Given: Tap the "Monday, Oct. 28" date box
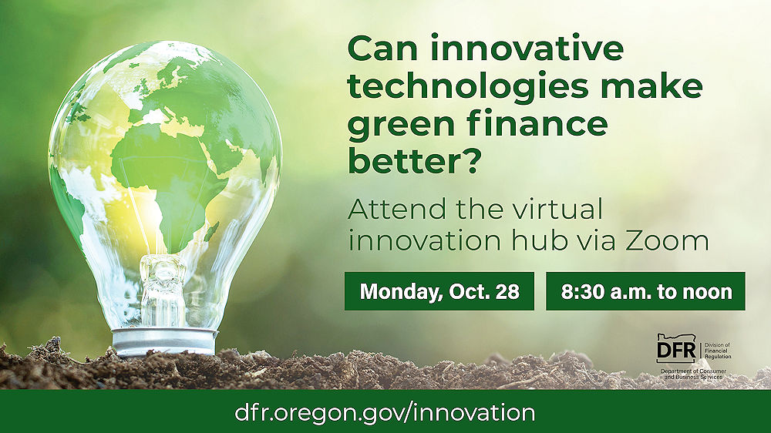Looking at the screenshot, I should tap(439, 291).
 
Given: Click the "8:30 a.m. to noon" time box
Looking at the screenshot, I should tap(645, 291).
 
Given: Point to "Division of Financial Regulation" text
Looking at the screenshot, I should tap(716, 351).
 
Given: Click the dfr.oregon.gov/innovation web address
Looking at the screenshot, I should tap(385, 412).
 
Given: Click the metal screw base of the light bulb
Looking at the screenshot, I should tap(164, 340).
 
